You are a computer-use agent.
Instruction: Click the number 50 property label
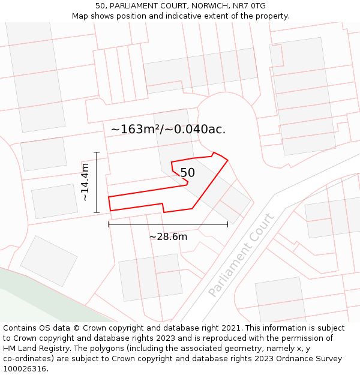click(x=187, y=173)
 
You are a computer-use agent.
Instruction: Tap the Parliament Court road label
click(x=241, y=254)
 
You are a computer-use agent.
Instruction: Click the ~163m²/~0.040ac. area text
click(x=168, y=129)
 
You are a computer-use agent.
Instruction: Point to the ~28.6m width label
click(x=168, y=237)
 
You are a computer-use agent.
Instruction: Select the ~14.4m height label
click(x=85, y=182)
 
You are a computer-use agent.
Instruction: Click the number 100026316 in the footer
click(x=25, y=369)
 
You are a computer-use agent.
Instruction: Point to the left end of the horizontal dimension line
click(x=109, y=224)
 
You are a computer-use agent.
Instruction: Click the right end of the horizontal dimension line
click(x=228, y=224)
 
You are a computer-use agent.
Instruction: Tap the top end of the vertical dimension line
click(x=96, y=152)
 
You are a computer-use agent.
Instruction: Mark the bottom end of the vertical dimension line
click(x=96, y=212)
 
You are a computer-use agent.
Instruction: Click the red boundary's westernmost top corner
click(x=109, y=197)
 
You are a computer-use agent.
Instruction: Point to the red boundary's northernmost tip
click(x=214, y=152)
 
